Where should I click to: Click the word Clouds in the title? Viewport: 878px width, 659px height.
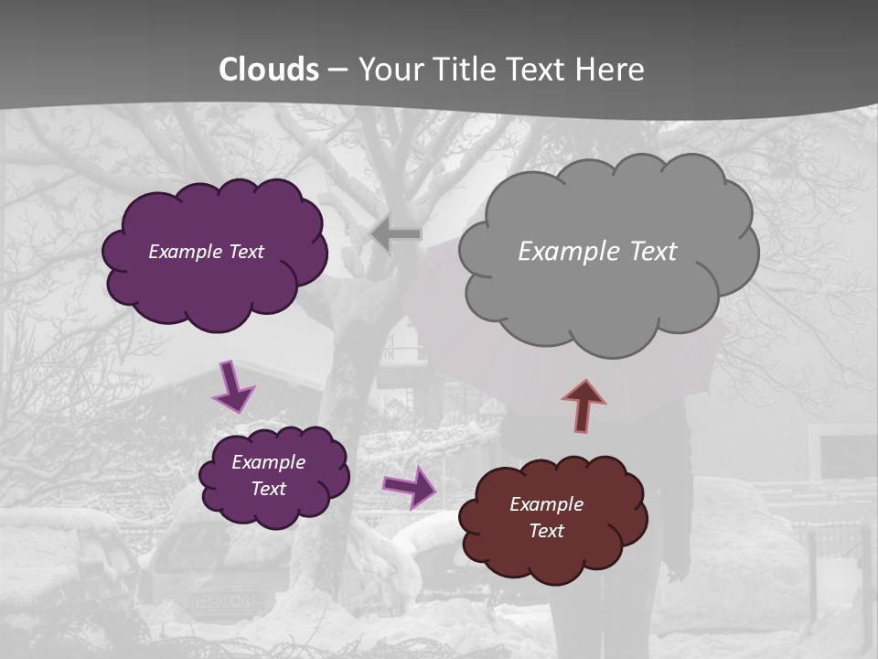pyautogui.click(x=269, y=70)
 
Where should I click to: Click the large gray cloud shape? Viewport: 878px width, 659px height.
pyautogui.click(x=607, y=284)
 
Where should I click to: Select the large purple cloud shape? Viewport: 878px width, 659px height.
pyautogui.click(x=216, y=284)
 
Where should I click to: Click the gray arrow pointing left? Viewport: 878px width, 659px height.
pyautogui.click(x=396, y=234)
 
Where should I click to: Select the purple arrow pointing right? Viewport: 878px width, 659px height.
pyautogui.click(x=409, y=487)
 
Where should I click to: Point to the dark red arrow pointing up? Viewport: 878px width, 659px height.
pyautogui.click(x=584, y=405)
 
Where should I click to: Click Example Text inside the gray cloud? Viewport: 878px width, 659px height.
pyautogui.click(x=597, y=252)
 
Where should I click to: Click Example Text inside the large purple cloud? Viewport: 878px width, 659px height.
pyautogui.click(x=206, y=252)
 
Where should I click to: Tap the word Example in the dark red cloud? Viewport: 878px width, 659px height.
pyautogui.click(x=546, y=504)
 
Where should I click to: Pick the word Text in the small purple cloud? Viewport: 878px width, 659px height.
pyautogui.click(x=268, y=489)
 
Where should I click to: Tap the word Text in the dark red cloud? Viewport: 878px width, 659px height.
pyautogui.click(x=546, y=531)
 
